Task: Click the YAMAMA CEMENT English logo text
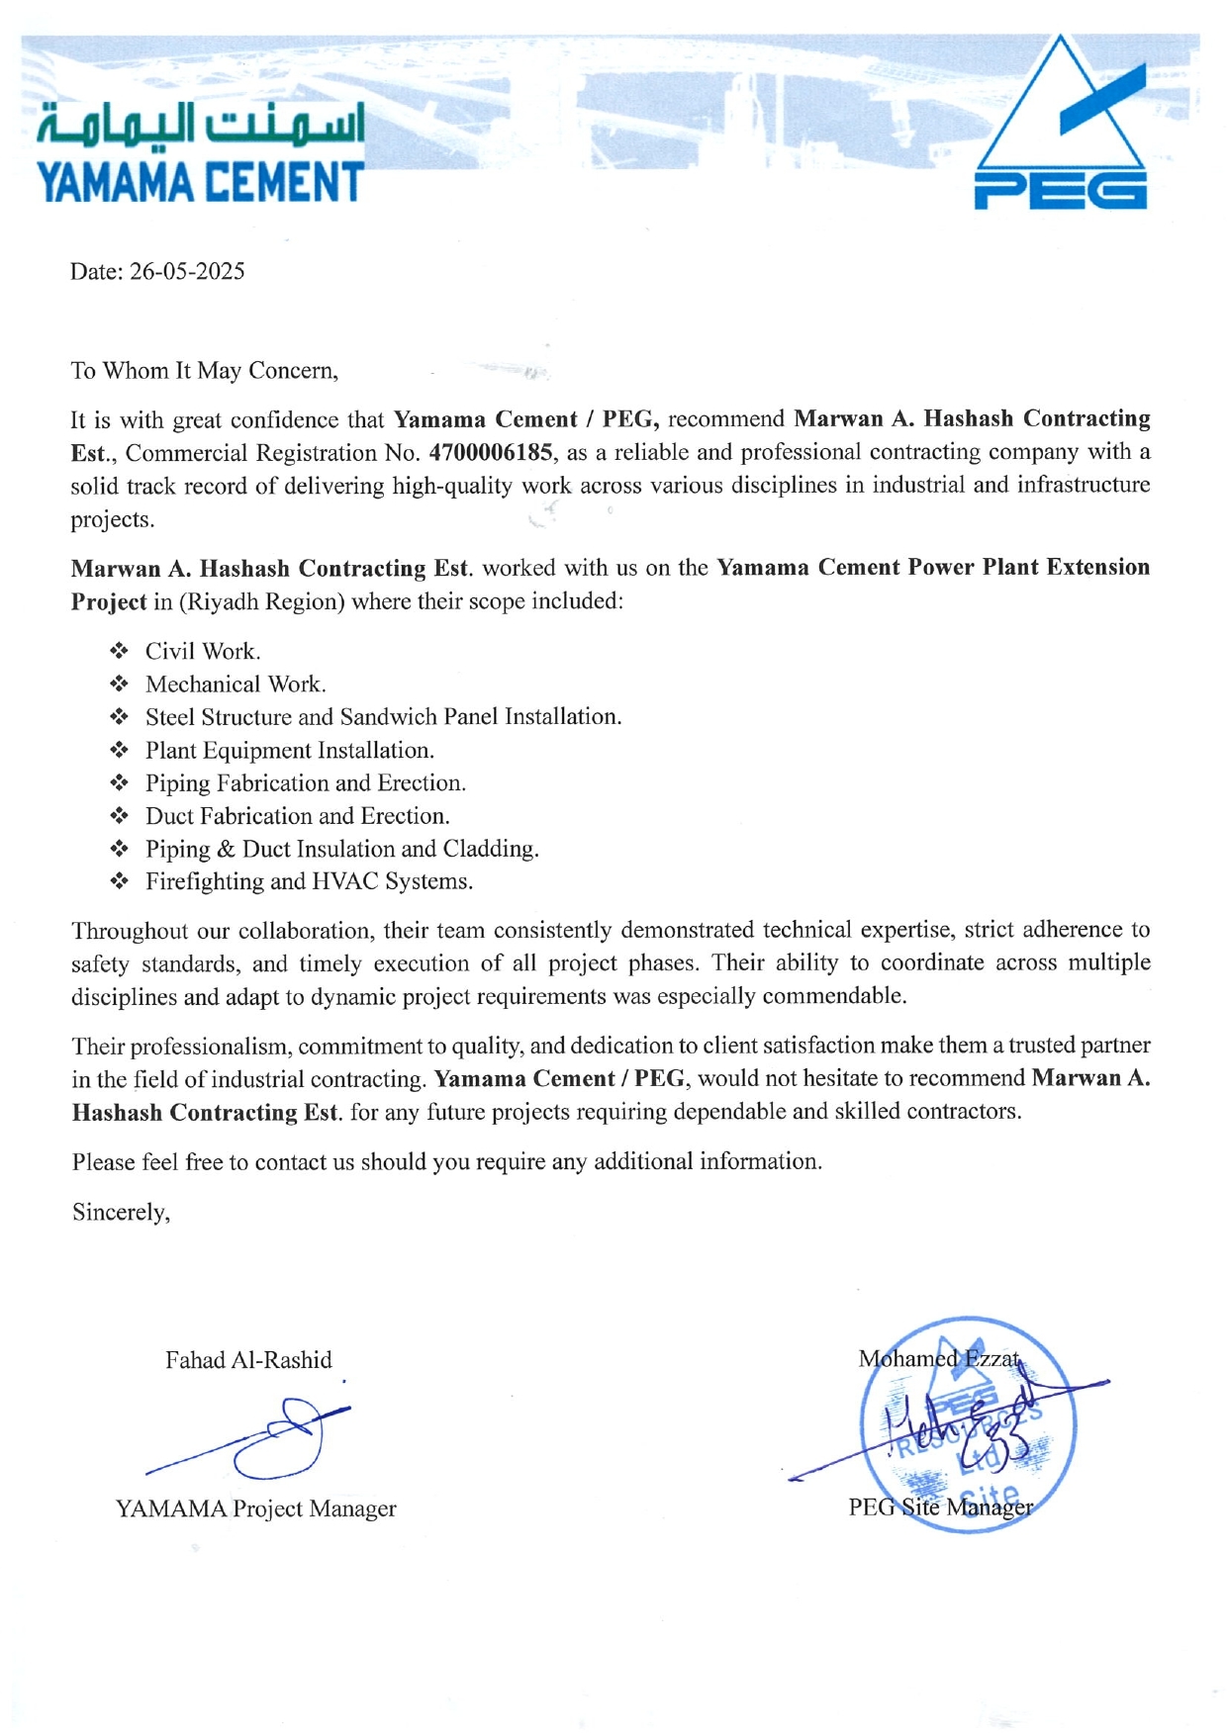[x=200, y=183]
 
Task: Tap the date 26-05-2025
[x=187, y=272]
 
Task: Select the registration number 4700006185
[x=491, y=453]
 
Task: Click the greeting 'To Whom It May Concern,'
[x=204, y=371]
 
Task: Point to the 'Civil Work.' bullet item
[x=203, y=651]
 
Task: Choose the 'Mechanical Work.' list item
[x=236, y=685]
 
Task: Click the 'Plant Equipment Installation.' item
[x=290, y=750]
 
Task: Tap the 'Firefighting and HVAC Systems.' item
[x=309, y=881]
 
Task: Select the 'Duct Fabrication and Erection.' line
[x=297, y=816]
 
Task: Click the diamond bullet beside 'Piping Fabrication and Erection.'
[x=120, y=783]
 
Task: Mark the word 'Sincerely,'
[x=121, y=1213]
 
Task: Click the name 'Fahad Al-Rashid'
[x=248, y=1360]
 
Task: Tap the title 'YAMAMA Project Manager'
[x=255, y=1508]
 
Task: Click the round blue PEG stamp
[x=967, y=1426]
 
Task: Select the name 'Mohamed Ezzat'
[x=938, y=1359]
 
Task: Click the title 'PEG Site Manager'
[x=940, y=1507]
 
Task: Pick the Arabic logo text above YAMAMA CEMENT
[x=201, y=126]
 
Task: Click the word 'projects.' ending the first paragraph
[x=112, y=520]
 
